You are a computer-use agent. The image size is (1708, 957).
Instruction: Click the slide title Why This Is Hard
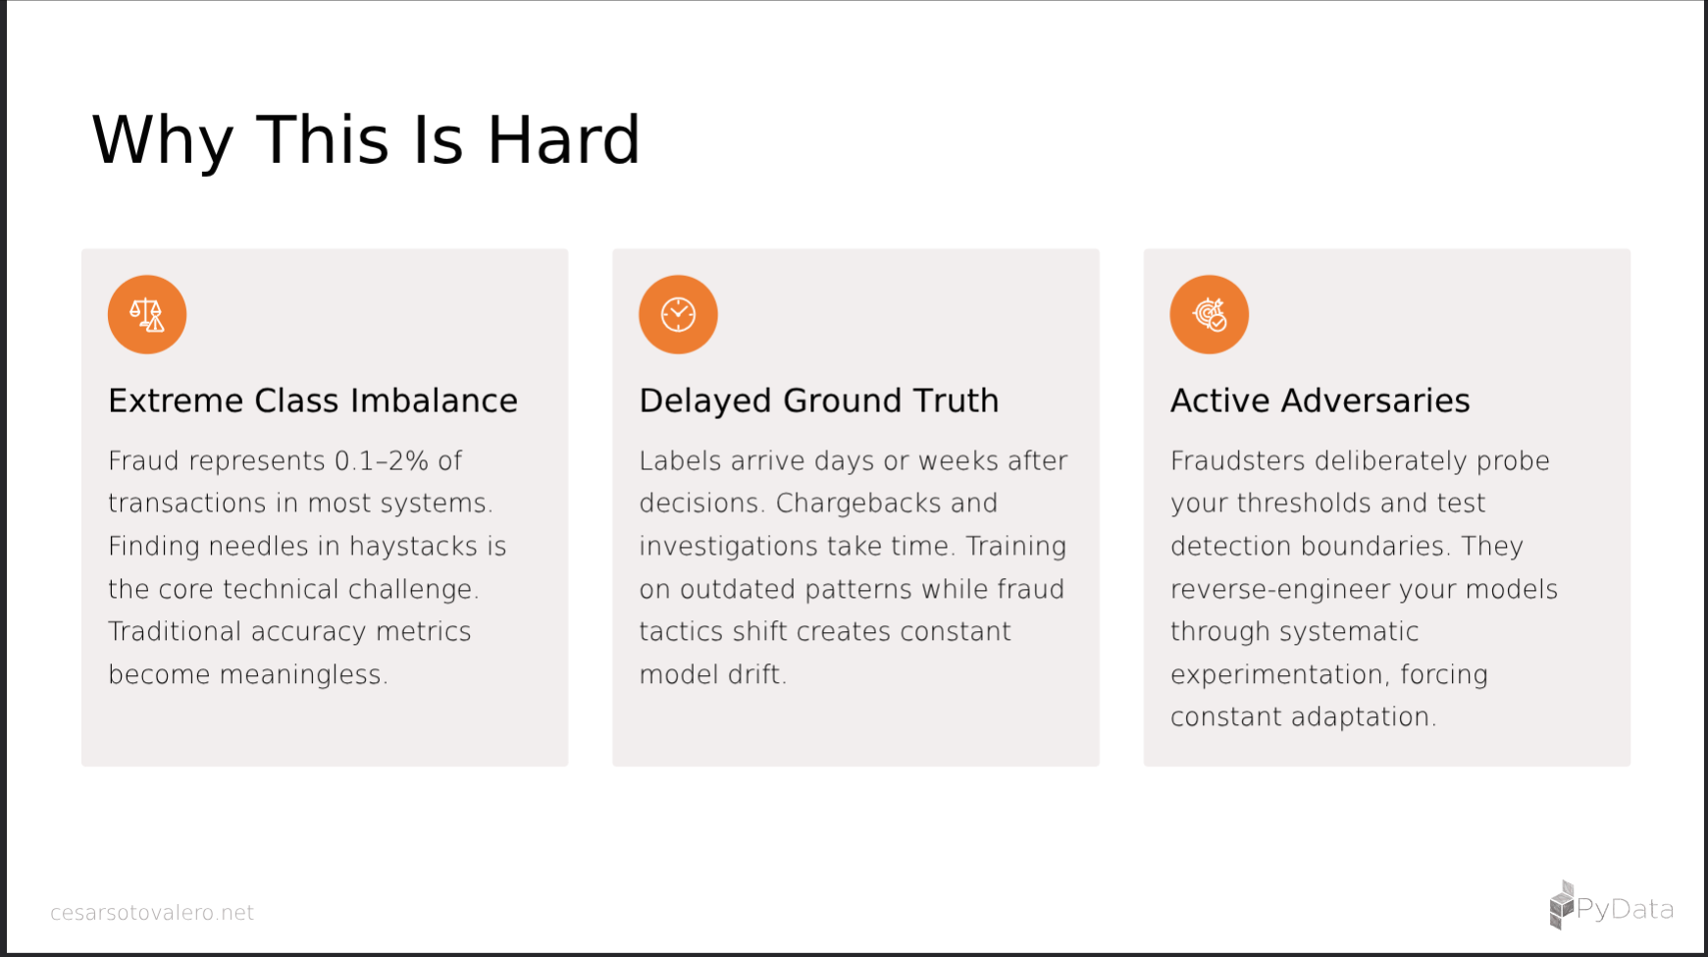coord(366,140)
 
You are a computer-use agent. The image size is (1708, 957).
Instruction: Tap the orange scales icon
coord(147,314)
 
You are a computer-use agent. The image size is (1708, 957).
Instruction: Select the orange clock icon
coord(678,314)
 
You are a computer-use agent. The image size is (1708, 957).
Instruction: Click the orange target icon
coord(1209,314)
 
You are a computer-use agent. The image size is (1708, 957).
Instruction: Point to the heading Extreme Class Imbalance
coord(313,400)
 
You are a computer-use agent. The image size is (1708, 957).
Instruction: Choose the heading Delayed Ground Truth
coord(819,400)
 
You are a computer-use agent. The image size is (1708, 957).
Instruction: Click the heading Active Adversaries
coord(1320,400)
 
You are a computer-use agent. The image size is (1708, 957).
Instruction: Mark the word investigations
coord(730,547)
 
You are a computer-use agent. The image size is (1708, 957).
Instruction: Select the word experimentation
coord(1279,675)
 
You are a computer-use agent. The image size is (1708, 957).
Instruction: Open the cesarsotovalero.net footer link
coord(152,913)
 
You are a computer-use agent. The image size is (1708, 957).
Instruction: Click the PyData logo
coord(1611,906)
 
